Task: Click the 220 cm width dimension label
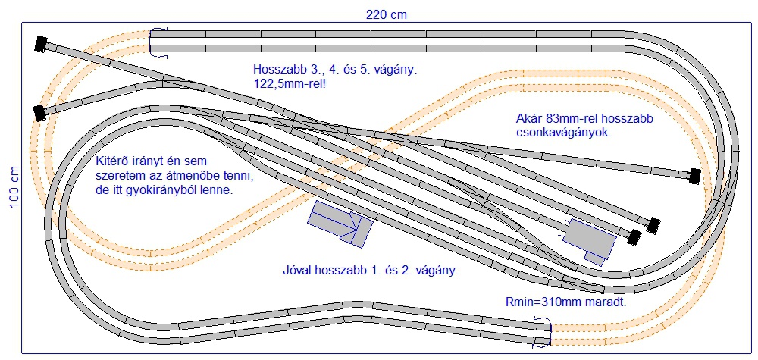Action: tap(386, 14)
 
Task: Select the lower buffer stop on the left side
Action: tap(38, 113)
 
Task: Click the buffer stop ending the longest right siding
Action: tap(693, 177)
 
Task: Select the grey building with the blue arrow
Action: tap(340, 223)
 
